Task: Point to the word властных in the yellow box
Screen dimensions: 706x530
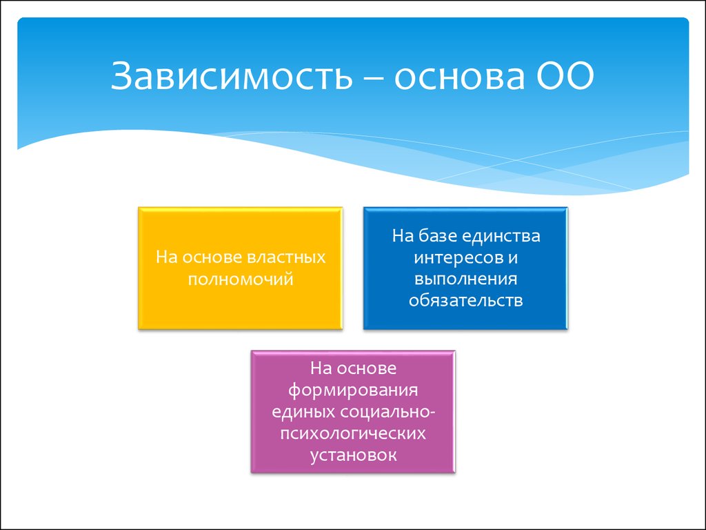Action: coord(286,257)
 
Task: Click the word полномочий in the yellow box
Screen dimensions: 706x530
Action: coord(241,279)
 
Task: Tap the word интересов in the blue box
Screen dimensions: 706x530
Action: coord(458,258)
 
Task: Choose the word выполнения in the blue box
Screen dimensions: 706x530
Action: coord(465,279)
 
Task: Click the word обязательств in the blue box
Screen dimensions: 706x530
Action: coord(465,301)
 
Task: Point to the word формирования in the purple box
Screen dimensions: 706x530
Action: coord(353,391)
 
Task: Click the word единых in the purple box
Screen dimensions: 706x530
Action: coord(303,412)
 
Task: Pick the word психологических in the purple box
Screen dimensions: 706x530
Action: coord(353,433)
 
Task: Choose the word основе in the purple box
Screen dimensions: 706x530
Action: coord(367,369)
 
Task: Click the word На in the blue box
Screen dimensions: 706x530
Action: coord(403,236)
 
